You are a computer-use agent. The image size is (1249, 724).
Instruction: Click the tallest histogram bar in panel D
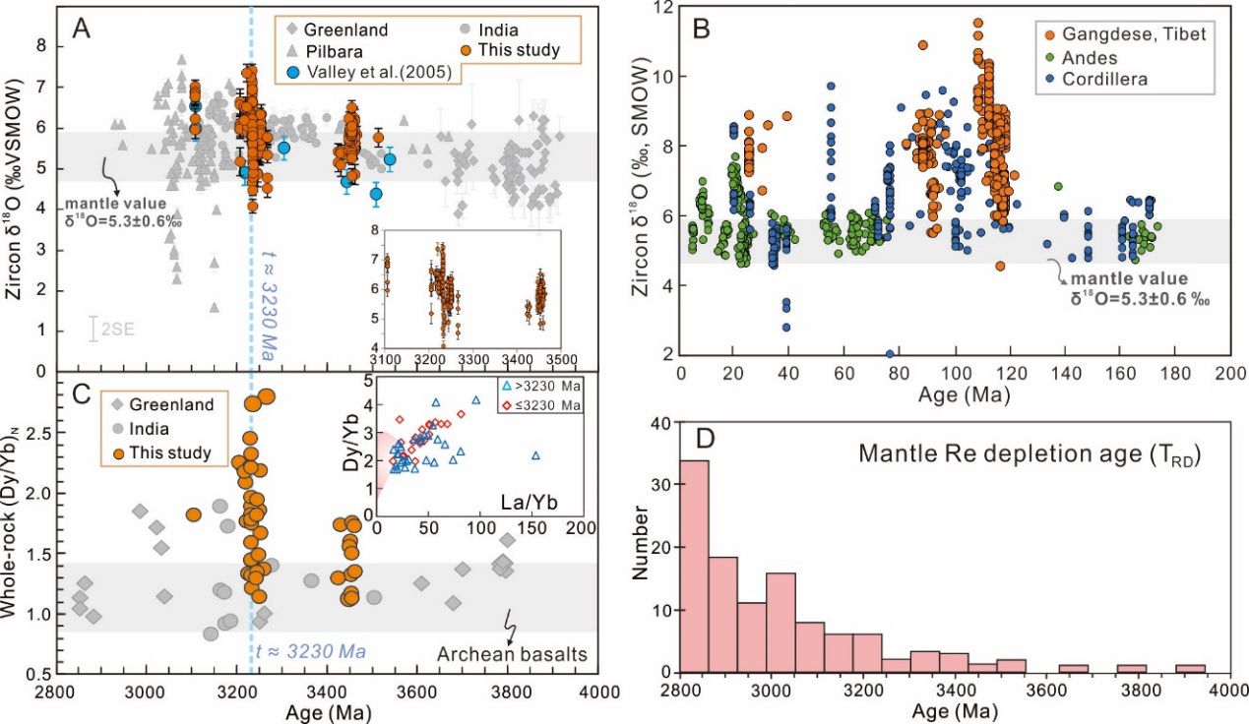(x=694, y=566)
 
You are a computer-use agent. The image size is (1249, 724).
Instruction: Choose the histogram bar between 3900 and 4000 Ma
(x=1189, y=669)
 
